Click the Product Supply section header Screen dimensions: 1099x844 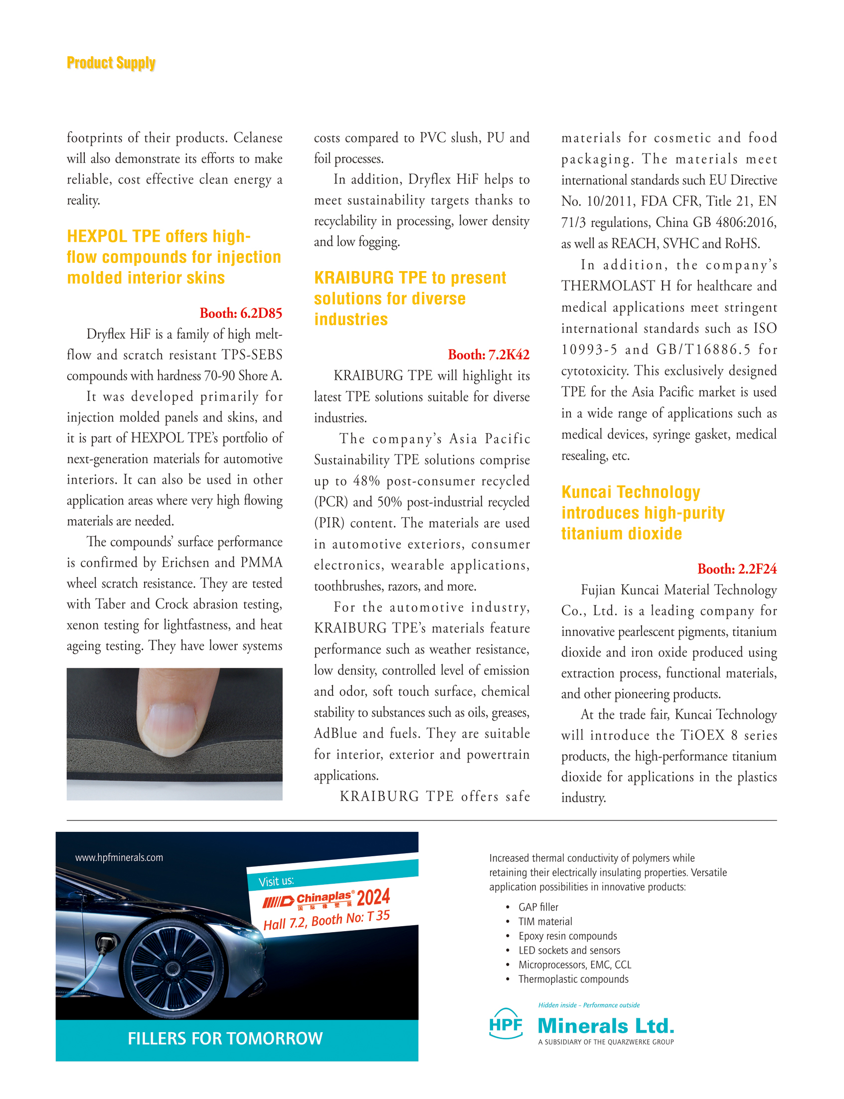pos(111,63)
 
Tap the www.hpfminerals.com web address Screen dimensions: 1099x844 pos(119,858)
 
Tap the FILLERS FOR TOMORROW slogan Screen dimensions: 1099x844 pos(225,1039)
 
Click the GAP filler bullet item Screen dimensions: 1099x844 pos(538,907)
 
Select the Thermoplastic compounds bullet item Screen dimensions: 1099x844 pos(573,979)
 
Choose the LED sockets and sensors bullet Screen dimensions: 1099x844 pos(569,950)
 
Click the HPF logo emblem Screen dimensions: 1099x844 pos(506,1024)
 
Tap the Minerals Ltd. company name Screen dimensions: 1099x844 pos(606,1026)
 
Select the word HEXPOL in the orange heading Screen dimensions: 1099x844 pos(97,236)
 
